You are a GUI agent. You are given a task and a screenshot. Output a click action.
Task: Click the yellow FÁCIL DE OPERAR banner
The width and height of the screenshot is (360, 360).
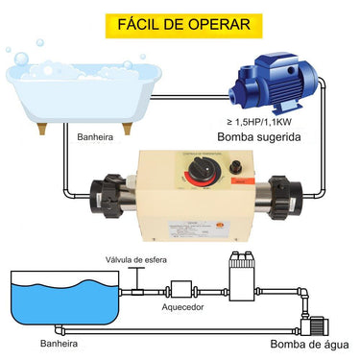click(180, 22)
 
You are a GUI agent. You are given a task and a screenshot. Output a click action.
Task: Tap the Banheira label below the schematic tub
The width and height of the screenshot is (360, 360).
click(47, 341)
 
